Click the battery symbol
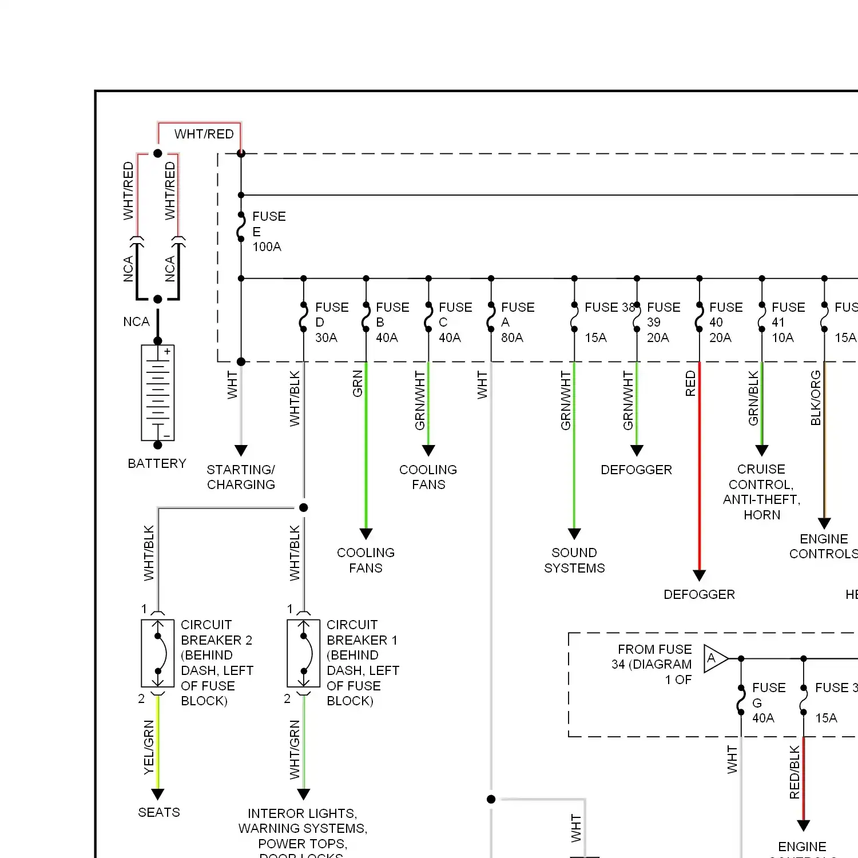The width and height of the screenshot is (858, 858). [x=158, y=393]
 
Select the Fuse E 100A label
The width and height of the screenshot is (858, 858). [x=268, y=232]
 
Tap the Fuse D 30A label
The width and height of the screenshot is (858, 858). [x=331, y=323]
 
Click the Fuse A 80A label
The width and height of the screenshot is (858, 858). [x=517, y=323]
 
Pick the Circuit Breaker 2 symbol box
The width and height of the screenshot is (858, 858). [x=158, y=653]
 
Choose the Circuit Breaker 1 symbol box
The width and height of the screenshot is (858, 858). [x=304, y=653]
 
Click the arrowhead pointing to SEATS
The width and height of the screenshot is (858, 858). [x=158, y=794]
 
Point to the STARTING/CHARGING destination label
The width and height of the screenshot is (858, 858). [x=241, y=477]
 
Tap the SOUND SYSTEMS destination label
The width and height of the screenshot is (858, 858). [x=574, y=561]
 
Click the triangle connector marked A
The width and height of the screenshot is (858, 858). [x=714, y=658]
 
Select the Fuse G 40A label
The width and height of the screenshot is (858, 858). [x=768, y=703]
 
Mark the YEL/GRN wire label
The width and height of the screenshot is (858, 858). [x=149, y=748]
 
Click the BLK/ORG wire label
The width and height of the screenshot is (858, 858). [x=816, y=398]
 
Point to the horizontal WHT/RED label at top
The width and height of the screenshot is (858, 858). [x=204, y=134]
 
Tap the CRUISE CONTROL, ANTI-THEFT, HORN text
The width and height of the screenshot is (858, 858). [x=761, y=492]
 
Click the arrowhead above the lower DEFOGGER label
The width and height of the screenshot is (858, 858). [x=699, y=575]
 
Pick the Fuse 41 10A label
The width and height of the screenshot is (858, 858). [x=787, y=323]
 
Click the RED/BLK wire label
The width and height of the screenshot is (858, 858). [x=795, y=772]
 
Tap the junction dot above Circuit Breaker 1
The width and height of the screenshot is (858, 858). [x=304, y=507]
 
